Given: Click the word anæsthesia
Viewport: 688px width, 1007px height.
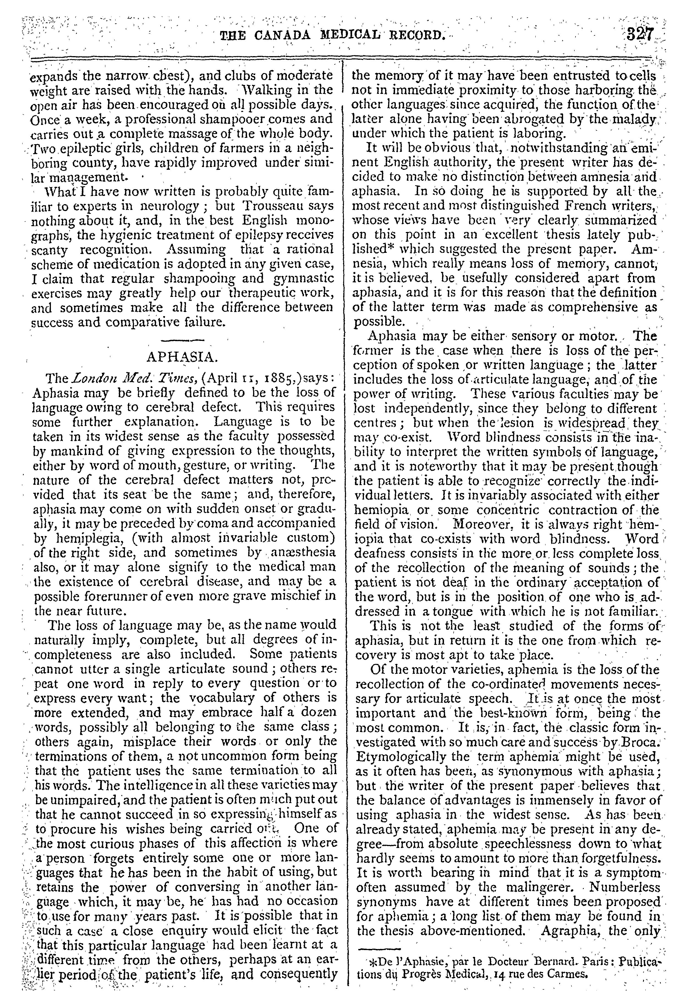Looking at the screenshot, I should click(306, 552).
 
